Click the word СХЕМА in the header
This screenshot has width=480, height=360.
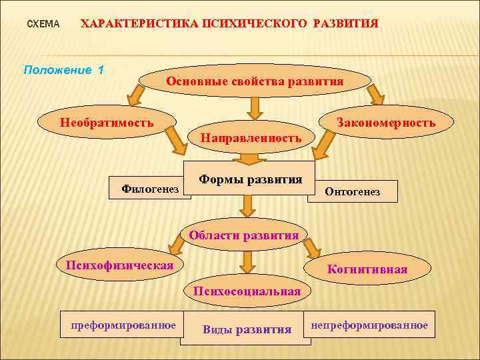click(43, 24)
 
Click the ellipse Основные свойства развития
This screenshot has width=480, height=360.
click(255, 81)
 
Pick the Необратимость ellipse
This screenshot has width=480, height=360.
click(107, 123)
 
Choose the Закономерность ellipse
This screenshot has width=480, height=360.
click(386, 123)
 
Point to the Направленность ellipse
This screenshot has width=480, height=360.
click(251, 137)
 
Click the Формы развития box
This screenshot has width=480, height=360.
click(250, 179)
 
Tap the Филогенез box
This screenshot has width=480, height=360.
click(149, 189)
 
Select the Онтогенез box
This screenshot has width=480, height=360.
click(352, 191)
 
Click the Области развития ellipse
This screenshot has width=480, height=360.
click(244, 235)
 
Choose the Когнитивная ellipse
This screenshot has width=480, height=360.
click(367, 269)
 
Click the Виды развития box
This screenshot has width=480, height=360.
click(247, 329)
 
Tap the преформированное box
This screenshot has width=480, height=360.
click(123, 325)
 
